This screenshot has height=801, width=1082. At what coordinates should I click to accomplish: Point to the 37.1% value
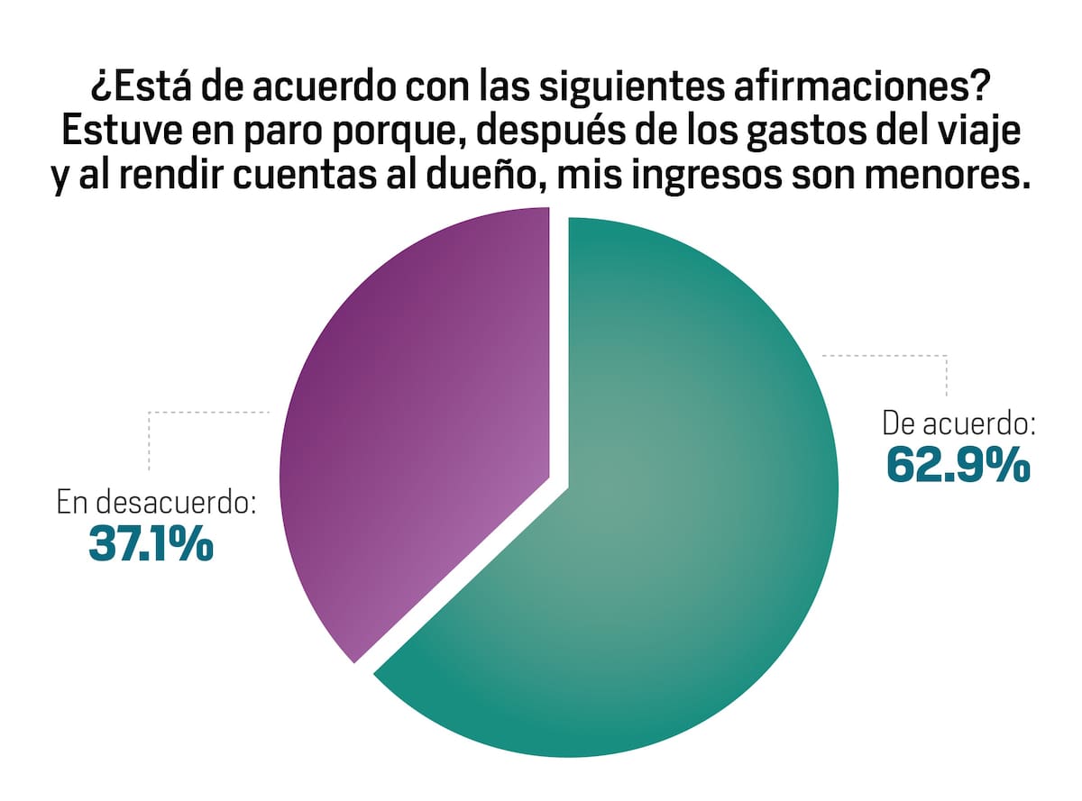tap(151, 543)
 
